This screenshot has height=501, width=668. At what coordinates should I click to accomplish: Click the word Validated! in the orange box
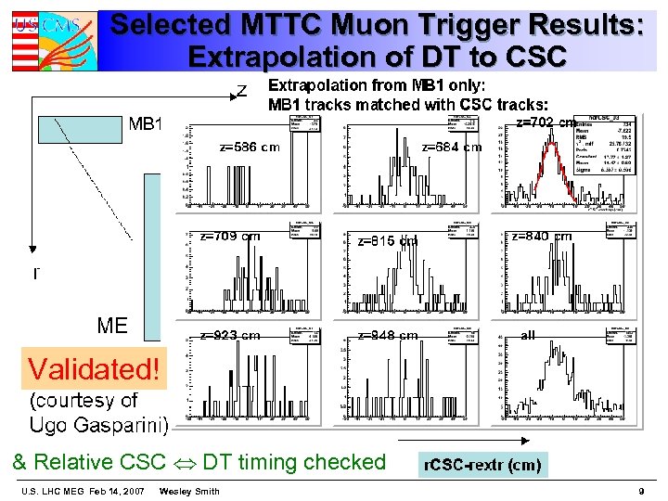94,368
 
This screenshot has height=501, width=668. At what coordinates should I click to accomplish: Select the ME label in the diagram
112,325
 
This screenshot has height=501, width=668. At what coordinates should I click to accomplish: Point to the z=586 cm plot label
249,147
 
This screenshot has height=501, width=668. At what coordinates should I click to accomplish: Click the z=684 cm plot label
452,147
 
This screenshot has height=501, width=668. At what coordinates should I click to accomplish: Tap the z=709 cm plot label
230,237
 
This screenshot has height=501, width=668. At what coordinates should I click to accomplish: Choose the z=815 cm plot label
388,240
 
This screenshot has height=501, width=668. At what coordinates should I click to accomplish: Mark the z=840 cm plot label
542,237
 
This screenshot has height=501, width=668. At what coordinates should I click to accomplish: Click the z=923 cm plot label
230,335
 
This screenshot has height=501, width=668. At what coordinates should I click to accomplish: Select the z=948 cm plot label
388,335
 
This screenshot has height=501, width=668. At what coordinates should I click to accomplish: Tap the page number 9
641,491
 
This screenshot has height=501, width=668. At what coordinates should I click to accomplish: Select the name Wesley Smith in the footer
189,491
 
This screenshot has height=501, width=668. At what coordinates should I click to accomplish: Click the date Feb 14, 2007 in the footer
114,491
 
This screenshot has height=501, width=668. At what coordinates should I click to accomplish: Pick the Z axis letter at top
241,90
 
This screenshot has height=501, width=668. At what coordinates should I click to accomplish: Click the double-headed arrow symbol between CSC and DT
184,462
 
